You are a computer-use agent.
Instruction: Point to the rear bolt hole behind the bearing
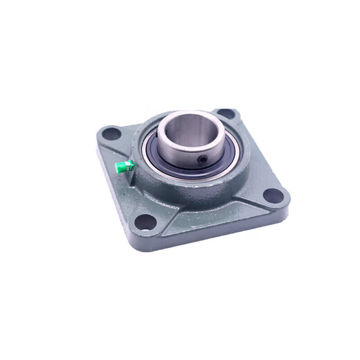[224, 113]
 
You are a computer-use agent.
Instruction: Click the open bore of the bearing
[192, 138]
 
